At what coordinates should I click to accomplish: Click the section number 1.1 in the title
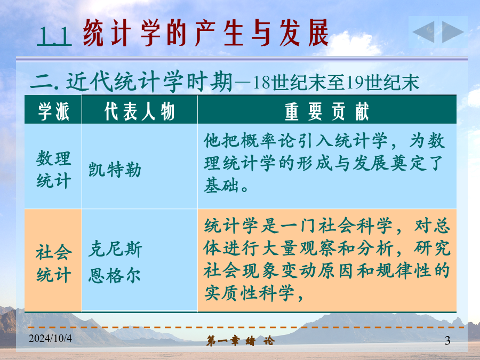[x=54, y=36]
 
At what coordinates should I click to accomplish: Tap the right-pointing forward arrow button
[x=453, y=32]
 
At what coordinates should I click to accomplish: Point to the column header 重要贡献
[x=327, y=111]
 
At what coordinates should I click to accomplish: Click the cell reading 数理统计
[x=53, y=169]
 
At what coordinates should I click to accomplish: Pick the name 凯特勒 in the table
[x=115, y=170]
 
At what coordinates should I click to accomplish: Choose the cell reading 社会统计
[x=54, y=263]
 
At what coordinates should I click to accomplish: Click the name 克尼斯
[x=115, y=249]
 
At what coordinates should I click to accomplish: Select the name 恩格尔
[x=115, y=275]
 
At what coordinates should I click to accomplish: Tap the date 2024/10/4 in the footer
[x=51, y=338]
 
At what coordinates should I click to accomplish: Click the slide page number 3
[x=447, y=340]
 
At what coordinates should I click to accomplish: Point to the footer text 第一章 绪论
[x=241, y=341]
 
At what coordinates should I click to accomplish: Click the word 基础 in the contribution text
[x=221, y=185]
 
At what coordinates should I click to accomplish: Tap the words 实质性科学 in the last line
[x=249, y=293]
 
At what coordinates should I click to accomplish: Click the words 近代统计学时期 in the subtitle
[x=149, y=82]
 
